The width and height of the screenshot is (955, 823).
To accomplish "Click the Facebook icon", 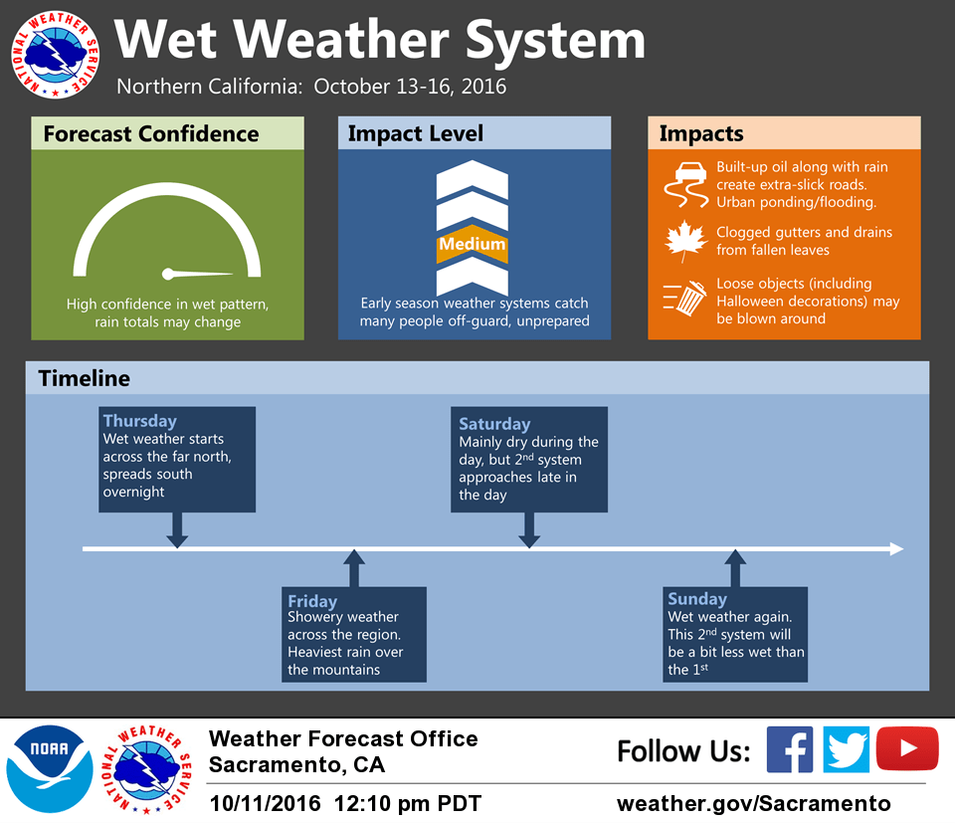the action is click(x=789, y=749).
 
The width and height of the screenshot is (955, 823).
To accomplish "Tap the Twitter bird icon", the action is click(x=846, y=749).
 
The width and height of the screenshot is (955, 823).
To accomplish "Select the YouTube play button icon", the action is click(x=907, y=748).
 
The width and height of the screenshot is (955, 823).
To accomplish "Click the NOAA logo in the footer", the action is click(x=50, y=769).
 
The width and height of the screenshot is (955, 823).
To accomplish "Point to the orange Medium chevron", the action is click(x=472, y=243).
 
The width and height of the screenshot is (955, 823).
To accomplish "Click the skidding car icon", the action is click(x=685, y=184).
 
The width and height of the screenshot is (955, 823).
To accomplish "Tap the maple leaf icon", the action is click(x=685, y=241).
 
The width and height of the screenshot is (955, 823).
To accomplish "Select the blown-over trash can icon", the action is click(x=685, y=298).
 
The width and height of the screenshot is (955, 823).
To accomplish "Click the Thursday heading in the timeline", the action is click(x=140, y=420).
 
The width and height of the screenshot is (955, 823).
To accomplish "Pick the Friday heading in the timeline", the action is click(x=311, y=601).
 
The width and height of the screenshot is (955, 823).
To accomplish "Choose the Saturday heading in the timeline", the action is click(x=494, y=423).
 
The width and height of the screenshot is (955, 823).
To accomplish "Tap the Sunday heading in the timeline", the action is click(x=697, y=599).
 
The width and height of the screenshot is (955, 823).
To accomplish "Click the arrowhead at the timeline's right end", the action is click(x=896, y=549).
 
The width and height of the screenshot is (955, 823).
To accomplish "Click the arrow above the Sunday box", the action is click(x=735, y=568).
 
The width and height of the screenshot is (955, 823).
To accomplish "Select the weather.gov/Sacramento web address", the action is click(x=753, y=803).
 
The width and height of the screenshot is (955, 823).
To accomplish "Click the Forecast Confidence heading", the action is click(x=151, y=133).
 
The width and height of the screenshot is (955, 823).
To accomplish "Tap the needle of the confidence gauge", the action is click(x=197, y=274).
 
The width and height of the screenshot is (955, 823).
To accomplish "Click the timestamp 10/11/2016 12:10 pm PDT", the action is click(x=345, y=803).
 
